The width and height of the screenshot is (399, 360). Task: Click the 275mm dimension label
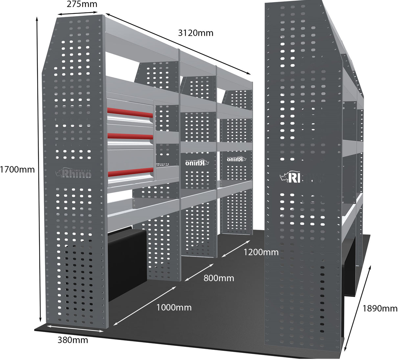82,4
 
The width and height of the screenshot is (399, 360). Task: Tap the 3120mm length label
196,33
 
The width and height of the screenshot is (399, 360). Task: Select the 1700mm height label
17,170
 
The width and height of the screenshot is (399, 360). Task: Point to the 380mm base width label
73,340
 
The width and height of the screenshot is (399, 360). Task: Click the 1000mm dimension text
174,308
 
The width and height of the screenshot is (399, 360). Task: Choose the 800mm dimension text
219,278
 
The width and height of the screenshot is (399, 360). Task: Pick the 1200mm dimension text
261,252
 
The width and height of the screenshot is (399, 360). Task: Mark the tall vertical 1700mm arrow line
38,169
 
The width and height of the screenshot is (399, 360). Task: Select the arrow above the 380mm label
75,329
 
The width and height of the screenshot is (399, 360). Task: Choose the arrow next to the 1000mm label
144,306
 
